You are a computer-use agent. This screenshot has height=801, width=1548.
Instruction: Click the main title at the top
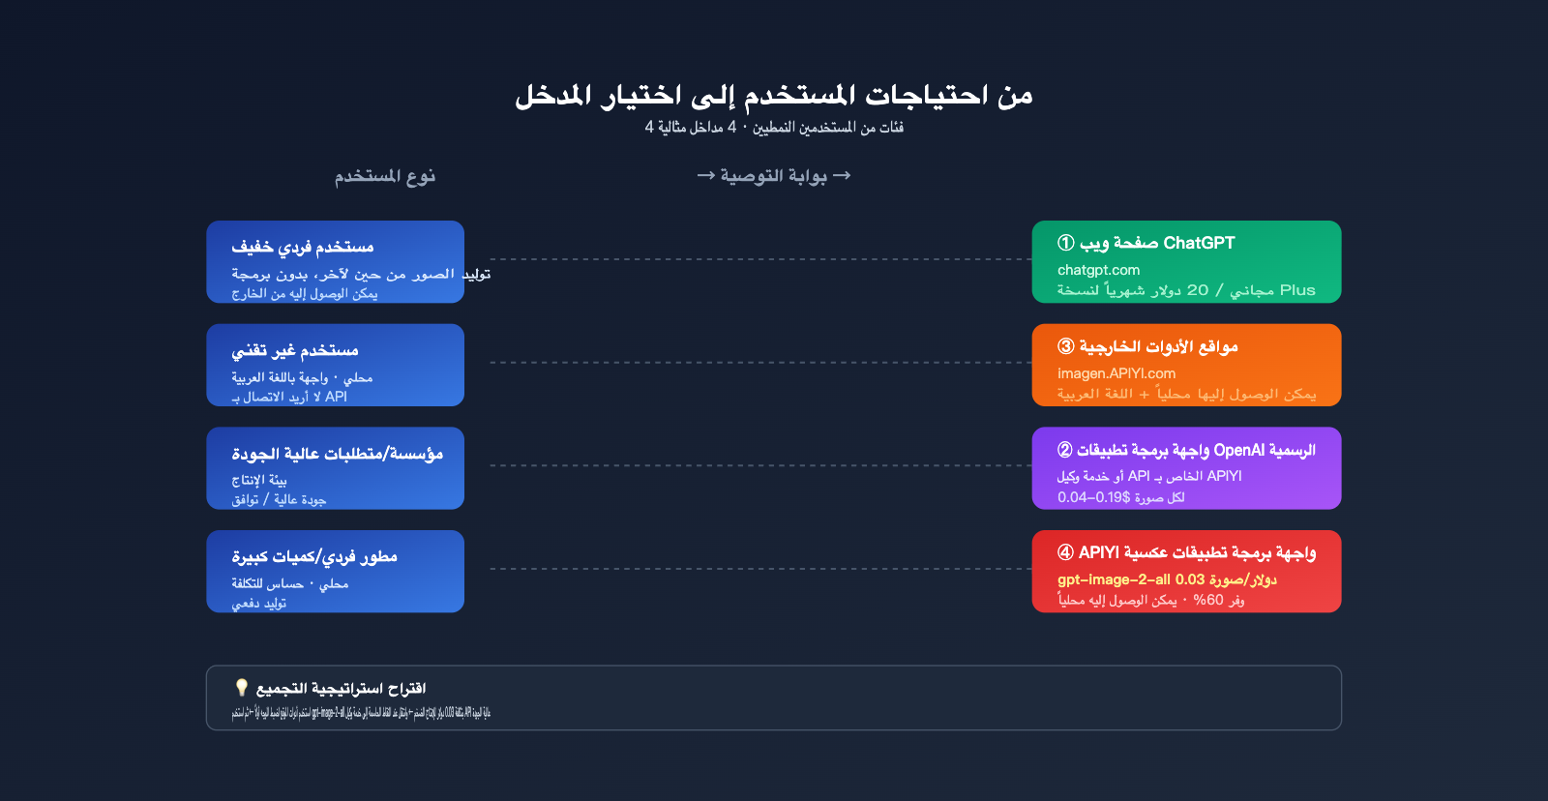click(x=774, y=95)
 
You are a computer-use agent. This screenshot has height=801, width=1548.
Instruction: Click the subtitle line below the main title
click(x=774, y=128)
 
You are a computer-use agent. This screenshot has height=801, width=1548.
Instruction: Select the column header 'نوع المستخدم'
click(x=385, y=176)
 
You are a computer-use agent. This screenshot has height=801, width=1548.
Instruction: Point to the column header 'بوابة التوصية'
click(x=774, y=176)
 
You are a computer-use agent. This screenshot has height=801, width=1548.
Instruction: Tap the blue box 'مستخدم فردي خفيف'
click(x=335, y=261)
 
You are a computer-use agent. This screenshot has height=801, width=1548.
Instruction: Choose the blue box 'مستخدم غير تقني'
click(x=335, y=365)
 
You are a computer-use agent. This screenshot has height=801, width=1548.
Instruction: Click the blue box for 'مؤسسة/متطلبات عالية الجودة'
click(x=335, y=468)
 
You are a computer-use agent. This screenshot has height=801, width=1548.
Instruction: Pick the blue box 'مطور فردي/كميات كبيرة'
click(x=335, y=571)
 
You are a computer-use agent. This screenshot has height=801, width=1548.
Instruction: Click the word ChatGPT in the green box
click(x=1199, y=243)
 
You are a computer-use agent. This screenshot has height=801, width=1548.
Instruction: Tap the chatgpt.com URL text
click(x=1098, y=270)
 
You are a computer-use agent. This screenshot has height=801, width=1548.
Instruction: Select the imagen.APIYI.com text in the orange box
click(x=1116, y=373)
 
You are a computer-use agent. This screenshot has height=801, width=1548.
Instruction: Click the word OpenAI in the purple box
click(x=1239, y=450)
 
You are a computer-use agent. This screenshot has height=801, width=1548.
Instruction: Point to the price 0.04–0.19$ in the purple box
click(x=1093, y=497)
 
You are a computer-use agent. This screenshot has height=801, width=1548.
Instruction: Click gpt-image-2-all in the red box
click(x=1114, y=579)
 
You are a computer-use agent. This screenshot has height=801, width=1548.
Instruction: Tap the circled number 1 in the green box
click(x=1065, y=243)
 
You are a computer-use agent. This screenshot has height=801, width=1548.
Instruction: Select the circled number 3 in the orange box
click(x=1065, y=346)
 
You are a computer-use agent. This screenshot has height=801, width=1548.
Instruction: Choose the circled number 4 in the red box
click(x=1065, y=552)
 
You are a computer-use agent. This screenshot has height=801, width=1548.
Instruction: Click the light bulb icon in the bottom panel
click(x=242, y=687)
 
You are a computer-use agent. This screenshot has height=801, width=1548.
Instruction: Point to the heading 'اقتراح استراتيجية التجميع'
click(x=341, y=689)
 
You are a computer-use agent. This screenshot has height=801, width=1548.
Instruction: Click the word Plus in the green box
click(x=1297, y=290)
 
